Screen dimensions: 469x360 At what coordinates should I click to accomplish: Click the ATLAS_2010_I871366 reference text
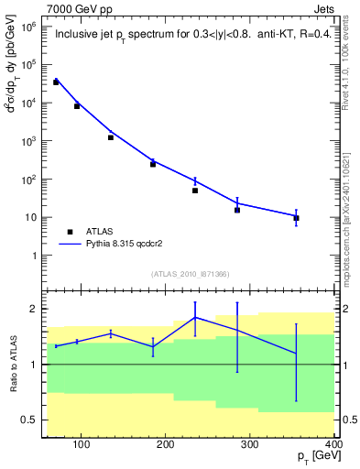[191, 274]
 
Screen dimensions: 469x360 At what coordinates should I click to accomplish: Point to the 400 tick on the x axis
[332, 445]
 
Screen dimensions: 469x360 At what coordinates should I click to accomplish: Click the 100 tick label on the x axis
[82, 445]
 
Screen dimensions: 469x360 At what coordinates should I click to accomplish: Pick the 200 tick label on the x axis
[166, 445]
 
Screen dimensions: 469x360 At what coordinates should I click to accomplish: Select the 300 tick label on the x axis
[250, 445]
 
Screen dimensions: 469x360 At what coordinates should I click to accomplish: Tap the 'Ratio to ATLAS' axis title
[12, 365]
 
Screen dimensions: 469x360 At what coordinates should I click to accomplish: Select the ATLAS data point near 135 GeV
[111, 137]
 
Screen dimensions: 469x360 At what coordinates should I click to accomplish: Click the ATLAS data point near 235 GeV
[195, 191]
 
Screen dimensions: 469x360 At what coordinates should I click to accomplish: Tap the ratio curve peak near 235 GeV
[195, 317]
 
